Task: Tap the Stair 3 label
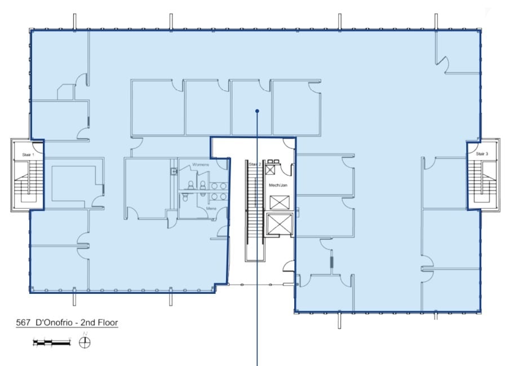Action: [x=481, y=153]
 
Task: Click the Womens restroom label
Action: [x=201, y=165]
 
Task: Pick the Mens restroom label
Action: [x=211, y=208]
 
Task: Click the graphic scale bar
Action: [x=52, y=342]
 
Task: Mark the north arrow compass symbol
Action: [x=86, y=341]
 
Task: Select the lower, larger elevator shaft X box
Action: [x=279, y=224]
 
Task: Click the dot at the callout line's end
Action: [x=257, y=111]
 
